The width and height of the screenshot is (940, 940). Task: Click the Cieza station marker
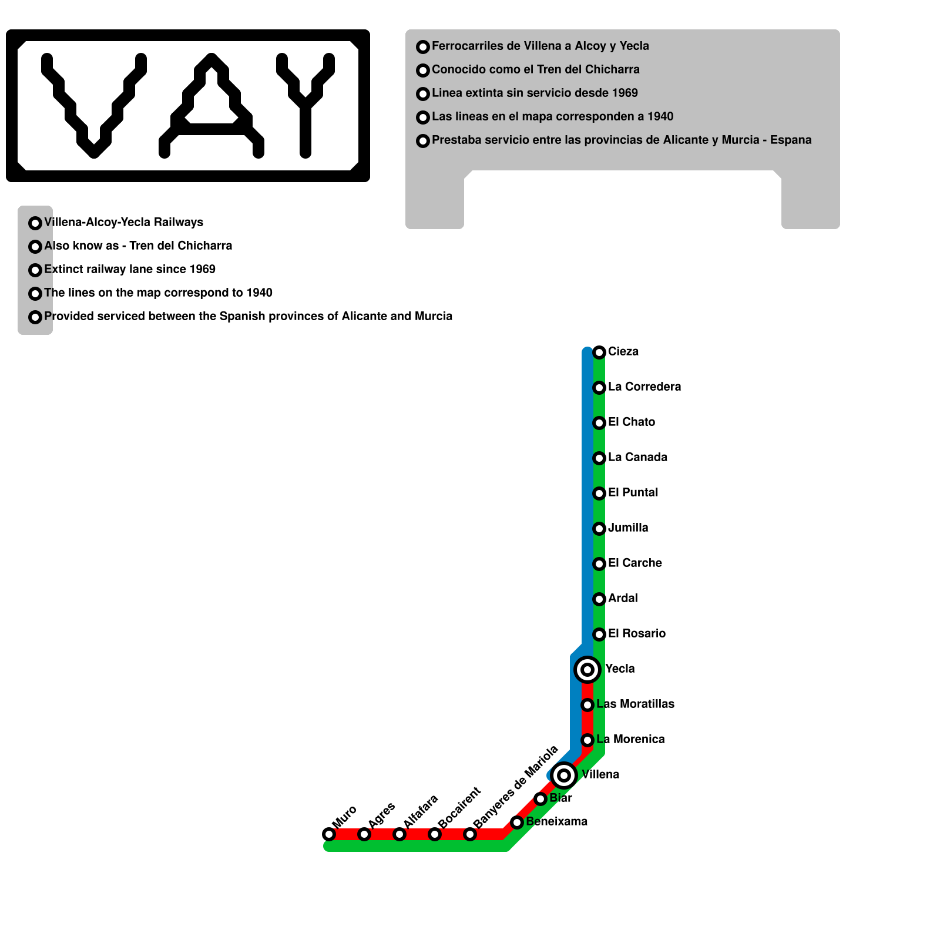click(599, 352)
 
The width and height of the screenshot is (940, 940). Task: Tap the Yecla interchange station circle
click(587, 670)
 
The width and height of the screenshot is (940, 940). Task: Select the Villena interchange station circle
click(564, 775)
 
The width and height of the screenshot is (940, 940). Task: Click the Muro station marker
click(329, 834)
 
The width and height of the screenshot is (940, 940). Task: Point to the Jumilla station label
click(628, 528)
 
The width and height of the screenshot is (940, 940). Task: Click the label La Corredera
click(644, 387)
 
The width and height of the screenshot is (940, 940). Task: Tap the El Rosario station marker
click(599, 634)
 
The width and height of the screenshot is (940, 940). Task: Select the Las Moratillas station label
click(636, 704)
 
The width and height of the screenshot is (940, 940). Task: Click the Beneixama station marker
click(517, 822)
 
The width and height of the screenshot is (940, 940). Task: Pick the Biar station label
click(561, 798)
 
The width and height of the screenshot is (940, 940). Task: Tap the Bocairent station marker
click(435, 834)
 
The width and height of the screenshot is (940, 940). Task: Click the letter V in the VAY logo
click(94, 106)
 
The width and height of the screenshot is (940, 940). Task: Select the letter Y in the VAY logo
click(305, 106)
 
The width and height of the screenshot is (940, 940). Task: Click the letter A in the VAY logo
click(211, 106)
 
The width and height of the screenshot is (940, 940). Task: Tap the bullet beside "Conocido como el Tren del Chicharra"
click(423, 70)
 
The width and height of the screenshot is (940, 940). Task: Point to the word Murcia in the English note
click(434, 316)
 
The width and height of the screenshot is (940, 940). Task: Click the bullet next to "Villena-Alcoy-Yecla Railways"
click(35, 223)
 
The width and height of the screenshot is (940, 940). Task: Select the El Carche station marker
click(599, 564)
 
